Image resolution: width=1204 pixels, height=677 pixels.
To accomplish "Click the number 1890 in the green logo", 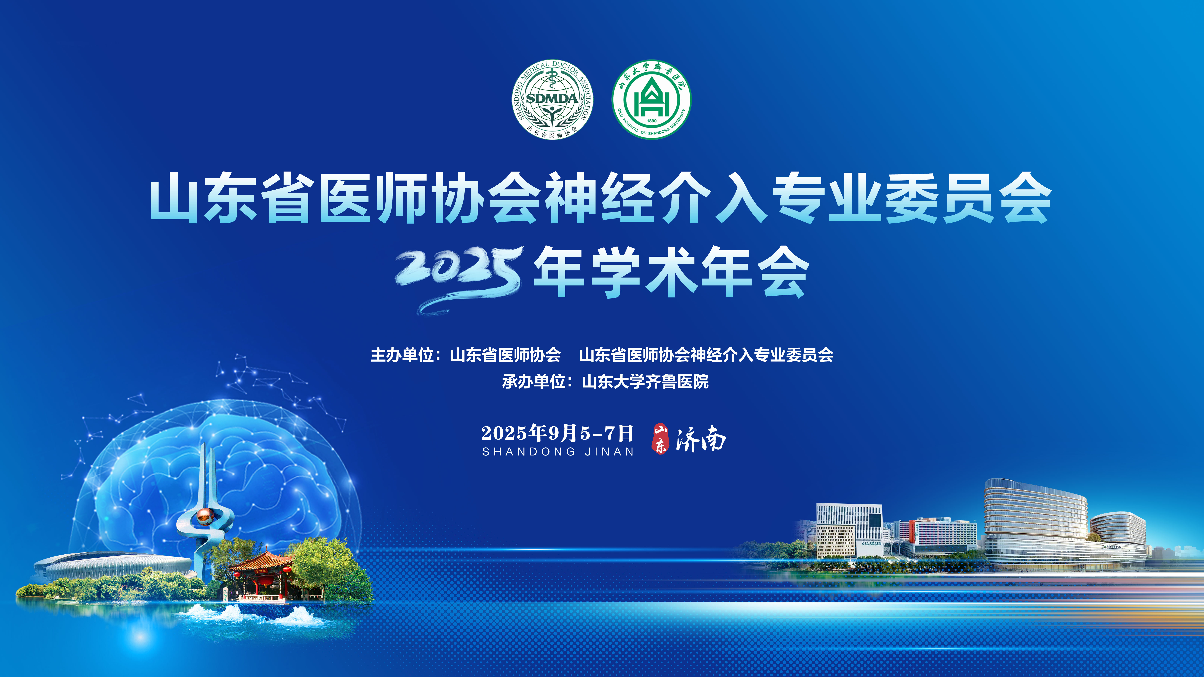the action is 651,121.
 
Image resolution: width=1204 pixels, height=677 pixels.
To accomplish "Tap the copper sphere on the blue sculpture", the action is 204,516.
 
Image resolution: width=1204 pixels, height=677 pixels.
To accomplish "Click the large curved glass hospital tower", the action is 1035,523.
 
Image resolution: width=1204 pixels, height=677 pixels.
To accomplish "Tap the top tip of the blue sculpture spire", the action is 203,443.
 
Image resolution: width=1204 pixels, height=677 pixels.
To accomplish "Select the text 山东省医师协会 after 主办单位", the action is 505,355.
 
